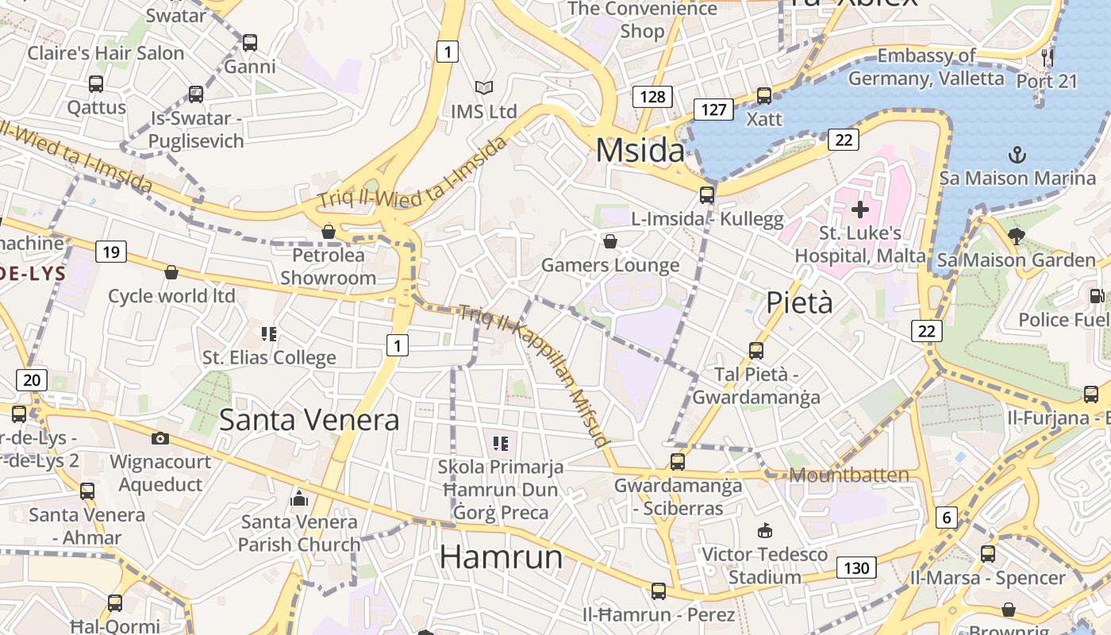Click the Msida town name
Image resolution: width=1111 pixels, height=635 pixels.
[x=640, y=150]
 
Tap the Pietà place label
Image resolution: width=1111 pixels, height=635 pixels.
[x=799, y=302]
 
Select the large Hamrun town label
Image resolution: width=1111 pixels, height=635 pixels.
[x=501, y=556]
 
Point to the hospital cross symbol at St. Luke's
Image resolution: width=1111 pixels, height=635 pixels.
[x=859, y=210]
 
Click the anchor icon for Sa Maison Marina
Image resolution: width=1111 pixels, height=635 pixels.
[x=1017, y=153]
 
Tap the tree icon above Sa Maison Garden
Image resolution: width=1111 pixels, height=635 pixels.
[x=1016, y=236]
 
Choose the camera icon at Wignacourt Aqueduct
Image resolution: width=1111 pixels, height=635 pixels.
[x=160, y=438]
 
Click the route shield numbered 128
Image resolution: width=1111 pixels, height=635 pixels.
[x=652, y=97]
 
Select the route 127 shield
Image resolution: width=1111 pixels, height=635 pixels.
[x=713, y=110]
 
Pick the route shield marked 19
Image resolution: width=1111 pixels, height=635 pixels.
[x=110, y=252]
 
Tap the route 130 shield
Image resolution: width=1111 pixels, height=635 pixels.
[x=855, y=568]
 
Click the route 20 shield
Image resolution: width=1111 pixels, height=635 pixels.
[x=31, y=379]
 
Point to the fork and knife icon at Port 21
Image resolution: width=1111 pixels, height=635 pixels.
[x=1048, y=57]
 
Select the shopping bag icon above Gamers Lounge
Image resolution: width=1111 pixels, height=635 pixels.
[x=610, y=241]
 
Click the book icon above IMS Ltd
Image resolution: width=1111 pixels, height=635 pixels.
[x=483, y=87]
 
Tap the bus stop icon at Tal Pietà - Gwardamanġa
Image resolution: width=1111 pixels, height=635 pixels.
[x=756, y=350]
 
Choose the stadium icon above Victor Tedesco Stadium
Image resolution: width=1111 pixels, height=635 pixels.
[x=765, y=530]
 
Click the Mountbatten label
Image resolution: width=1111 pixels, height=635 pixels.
[x=849, y=475]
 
